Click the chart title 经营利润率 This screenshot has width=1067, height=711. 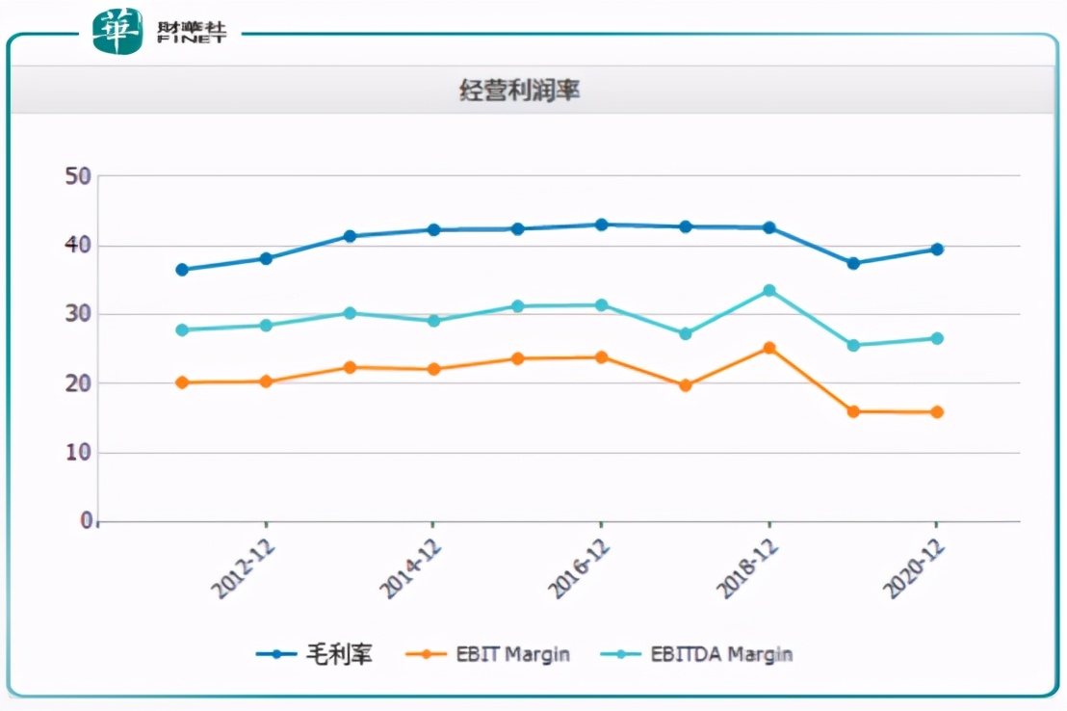coord(519,92)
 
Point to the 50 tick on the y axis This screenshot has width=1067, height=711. coord(78,176)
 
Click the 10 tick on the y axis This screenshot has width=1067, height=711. coord(78,453)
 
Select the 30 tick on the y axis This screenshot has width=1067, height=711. coord(78,315)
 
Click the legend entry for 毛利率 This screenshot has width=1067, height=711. coord(314,654)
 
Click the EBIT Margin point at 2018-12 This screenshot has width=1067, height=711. coord(769,348)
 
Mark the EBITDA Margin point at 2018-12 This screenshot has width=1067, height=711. coord(769,290)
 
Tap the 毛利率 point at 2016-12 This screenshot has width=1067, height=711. coord(602,224)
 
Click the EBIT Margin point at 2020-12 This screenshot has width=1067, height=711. coord(937,412)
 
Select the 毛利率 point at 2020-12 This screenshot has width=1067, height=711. coord(937,250)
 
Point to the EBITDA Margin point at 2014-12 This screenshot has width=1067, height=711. coord(433,321)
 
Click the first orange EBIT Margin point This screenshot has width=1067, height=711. coord(182,382)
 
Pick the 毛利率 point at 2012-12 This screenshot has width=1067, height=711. coord(266,258)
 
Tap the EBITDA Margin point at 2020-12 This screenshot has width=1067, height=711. coord(937,338)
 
